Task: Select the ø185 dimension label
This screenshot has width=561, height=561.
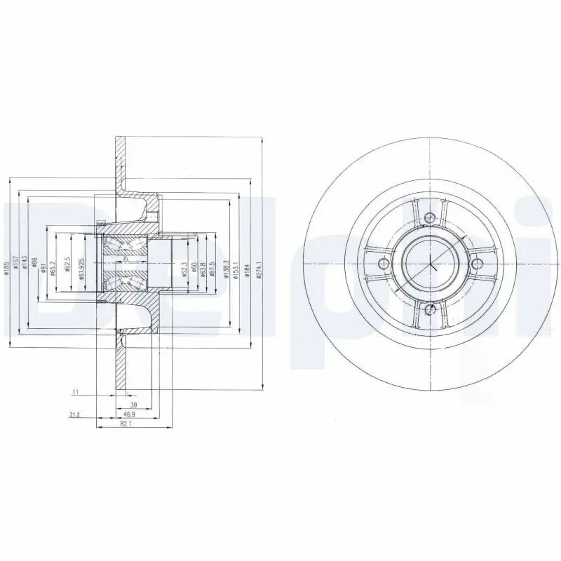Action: pos(6,267)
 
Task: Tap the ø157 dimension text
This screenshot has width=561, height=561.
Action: pos(15,267)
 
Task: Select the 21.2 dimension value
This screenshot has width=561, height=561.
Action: pos(74,415)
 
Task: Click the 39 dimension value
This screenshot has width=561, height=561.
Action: pos(133,405)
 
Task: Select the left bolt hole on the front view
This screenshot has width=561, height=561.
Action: pos(383,264)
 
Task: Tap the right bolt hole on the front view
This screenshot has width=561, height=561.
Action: pos(476,264)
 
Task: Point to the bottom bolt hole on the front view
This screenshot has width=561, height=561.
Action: pos(429,309)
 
